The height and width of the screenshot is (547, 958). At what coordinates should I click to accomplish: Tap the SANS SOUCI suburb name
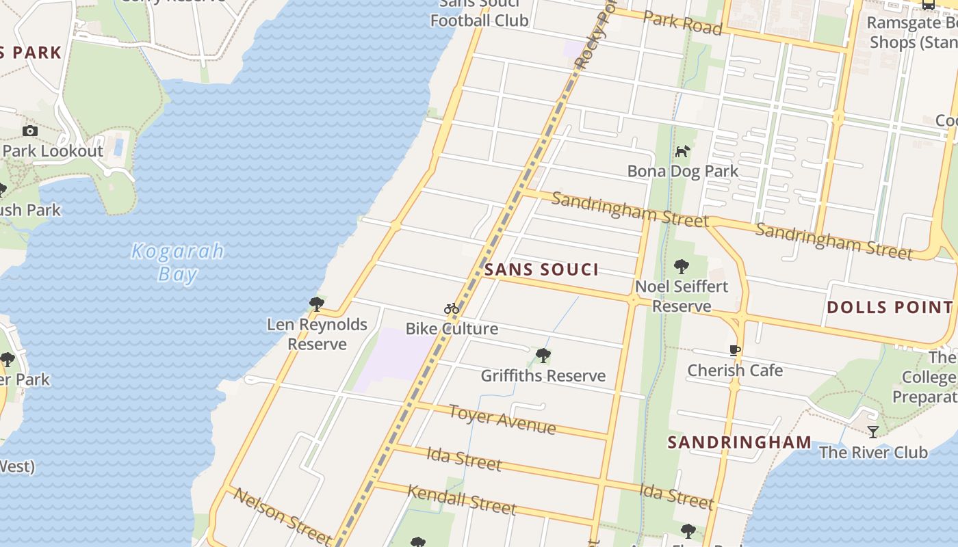pos(541,269)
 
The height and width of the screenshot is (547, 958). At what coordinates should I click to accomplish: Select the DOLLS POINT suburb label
pos(890,307)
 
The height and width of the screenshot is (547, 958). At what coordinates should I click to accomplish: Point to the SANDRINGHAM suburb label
pos(740,442)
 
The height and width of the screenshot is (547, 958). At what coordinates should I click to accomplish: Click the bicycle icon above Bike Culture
pos(451,309)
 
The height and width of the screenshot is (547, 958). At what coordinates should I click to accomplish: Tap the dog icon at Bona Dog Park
pos(682,151)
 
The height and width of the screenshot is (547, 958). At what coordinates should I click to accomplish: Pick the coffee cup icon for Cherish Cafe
pos(735,351)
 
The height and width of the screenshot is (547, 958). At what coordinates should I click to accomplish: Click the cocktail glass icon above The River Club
pos(873,431)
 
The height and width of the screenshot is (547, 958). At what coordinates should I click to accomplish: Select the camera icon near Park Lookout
pos(30,131)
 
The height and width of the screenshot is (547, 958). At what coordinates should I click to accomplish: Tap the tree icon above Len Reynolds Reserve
pos(316,304)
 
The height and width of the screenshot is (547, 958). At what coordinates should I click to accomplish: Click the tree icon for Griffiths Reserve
pos(543,356)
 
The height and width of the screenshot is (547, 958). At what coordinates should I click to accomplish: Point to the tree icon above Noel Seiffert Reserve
pos(681,266)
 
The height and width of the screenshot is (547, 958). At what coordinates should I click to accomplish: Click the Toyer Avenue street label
pos(502,419)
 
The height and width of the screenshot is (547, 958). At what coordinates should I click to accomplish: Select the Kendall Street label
pos(461,498)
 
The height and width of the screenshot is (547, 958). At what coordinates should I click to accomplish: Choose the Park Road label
pos(682,23)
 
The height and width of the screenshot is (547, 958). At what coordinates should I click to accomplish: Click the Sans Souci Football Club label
pos(479,12)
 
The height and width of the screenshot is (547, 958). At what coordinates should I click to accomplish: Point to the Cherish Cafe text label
pos(735,371)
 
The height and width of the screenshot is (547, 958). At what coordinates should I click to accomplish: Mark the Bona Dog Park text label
pos(683,171)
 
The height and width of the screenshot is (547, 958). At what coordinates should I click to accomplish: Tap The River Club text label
pos(873,452)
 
